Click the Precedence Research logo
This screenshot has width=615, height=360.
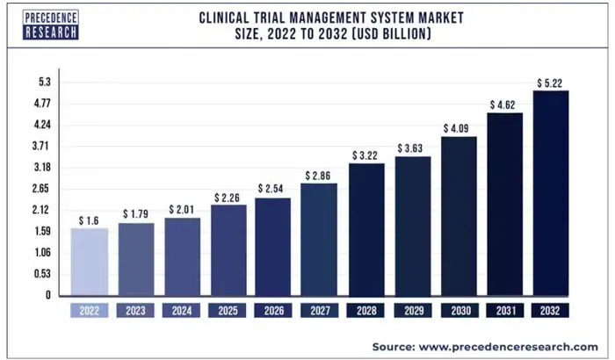pyautogui.click(x=52, y=24)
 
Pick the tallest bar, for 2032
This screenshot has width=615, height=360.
pyautogui.click(x=551, y=193)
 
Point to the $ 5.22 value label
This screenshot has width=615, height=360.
pyautogui.click(x=551, y=83)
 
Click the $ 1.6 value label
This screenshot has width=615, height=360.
pyautogui.click(x=90, y=220)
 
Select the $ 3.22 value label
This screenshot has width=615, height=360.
pyautogui.click(x=366, y=155)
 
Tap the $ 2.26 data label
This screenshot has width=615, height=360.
pyautogui.click(x=228, y=197)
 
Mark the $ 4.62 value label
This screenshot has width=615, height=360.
pyautogui.click(x=505, y=105)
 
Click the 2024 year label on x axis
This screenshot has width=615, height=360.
pyautogui.click(x=182, y=311)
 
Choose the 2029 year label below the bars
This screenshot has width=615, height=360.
pyautogui.click(x=413, y=311)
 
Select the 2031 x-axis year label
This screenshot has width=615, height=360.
pyautogui.click(x=505, y=311)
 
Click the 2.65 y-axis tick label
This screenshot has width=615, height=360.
pyautogui.click(x=40, y=189)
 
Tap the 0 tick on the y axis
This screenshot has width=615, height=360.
pyautogui.click(x=47, y=296)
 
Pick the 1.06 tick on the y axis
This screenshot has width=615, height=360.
pyautogui.click(x=40, y=253)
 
